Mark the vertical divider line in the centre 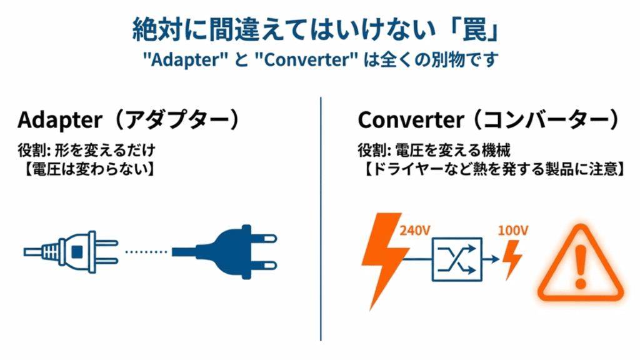pyautogui.click(x=321, y=219)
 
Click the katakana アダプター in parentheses pyautogui.click(x=172, y=119)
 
